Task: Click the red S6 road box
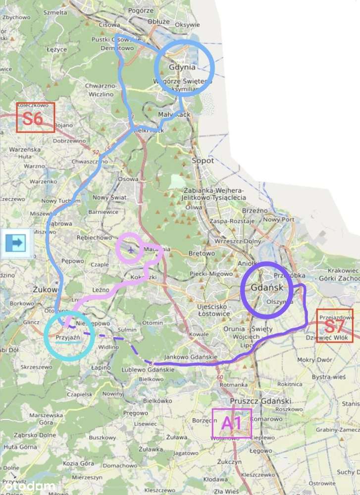point(35,117)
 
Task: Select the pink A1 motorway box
point(231,423)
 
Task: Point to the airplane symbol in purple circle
point(130,249)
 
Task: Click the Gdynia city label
point(182,67)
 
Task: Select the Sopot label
point(203,161)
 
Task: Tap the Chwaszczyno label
point(89,162)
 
